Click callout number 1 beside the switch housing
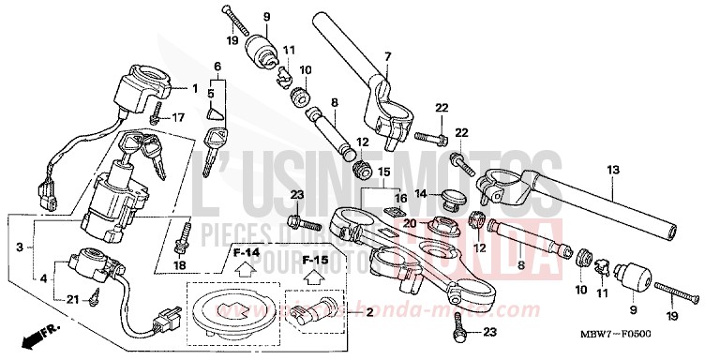[x=195, y=89]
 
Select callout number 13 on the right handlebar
[x=613, y=171]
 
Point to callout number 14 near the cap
[x=421, y=194]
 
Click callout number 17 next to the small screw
[x=177, y=117]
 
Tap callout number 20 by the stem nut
[x=409, y=222]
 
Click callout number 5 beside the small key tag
[x=211, y=94]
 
